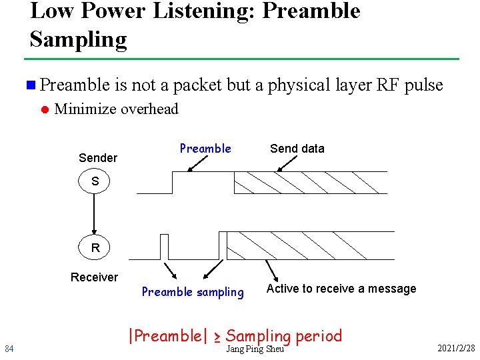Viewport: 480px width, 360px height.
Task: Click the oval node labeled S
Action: (95, 181)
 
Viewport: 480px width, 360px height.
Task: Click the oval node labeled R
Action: (95, 248)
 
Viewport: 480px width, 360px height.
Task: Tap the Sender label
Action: (97, 158)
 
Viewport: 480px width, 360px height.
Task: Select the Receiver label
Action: (94, 277)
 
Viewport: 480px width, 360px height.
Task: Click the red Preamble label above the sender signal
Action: (205, 149)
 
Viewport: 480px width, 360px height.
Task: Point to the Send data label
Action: (297, 149)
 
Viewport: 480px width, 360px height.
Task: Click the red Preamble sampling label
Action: (193, 292)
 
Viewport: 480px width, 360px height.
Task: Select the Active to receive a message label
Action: (341, 289)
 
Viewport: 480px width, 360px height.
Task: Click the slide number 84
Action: (9, 349)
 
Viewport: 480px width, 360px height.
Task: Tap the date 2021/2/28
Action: (456, 349)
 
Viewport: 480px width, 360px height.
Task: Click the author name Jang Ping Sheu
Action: (255, 349)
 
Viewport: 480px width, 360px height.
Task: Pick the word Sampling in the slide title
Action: (78, 39)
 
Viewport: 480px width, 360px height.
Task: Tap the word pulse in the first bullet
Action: (423, 85)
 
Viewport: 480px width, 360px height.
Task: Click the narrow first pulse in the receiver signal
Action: (164, 246)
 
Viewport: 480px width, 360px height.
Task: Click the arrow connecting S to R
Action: (95, 215)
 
